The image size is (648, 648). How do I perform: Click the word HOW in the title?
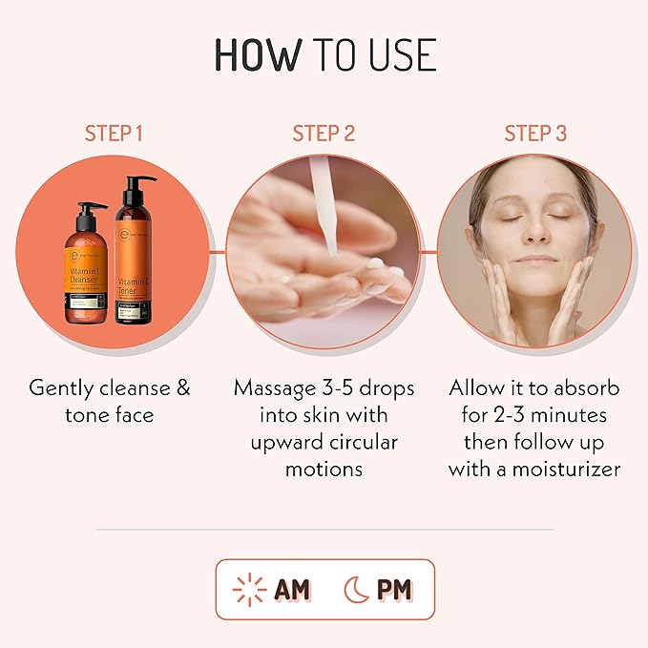256,55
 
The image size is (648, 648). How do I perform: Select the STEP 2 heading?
324,133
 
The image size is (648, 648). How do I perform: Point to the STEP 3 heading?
535,133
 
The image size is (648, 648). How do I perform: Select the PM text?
393,589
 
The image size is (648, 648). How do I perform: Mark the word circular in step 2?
364,442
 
